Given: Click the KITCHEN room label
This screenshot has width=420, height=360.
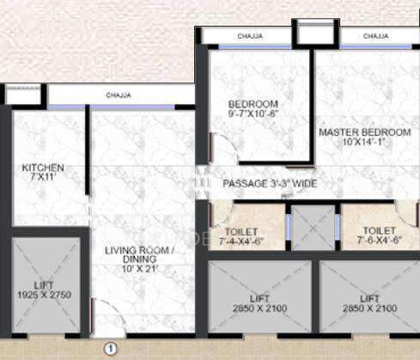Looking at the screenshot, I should tap(43, 168).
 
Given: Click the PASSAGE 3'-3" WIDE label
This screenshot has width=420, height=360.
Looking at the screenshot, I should tap(271, 184).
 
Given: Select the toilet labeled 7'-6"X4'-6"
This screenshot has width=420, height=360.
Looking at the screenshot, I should tap(379, 235).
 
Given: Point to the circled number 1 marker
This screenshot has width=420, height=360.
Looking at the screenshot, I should tap(110, 348).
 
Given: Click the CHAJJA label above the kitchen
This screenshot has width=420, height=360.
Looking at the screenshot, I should tap(118, 95).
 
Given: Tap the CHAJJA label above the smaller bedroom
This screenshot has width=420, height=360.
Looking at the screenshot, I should tap(250, 36).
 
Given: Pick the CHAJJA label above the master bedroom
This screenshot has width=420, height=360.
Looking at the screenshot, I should tap(376, 36).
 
